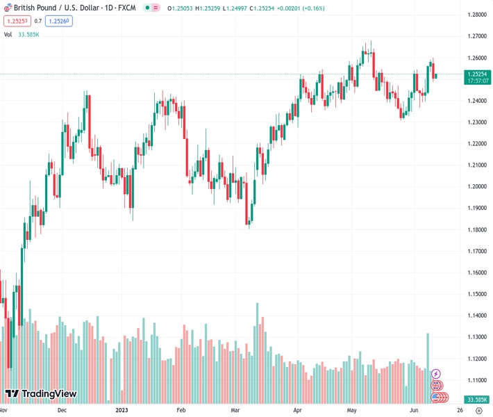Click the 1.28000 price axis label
click(x=476, y=15)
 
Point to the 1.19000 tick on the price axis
click(x=476, y=208)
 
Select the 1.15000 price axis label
click(x=476, y=294)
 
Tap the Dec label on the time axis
click(x=61, y=411)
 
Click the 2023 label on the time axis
click(x=123, y=411)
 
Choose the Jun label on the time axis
click(x=415, y=411)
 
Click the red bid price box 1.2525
click(x=16, y=21)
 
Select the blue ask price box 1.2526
click(x=60, y=21)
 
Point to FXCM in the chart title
click(x=126, y=8)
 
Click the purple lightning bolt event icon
click(x=436, y=374)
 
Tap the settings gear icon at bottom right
click(x=478, y=411)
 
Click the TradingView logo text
click(x=49, y=394)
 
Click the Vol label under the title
click(x=8, y=34)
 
